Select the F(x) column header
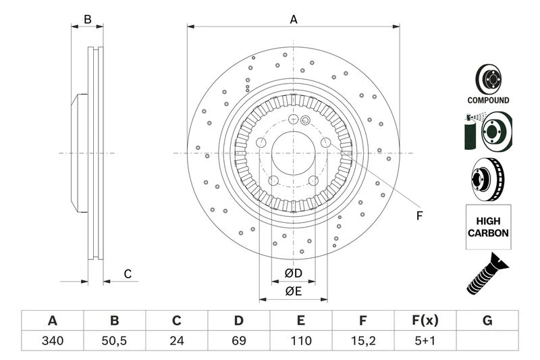[x=425, y=320]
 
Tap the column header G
[x=487, y=320]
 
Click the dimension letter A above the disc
[x=294, y=20]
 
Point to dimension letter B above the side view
[x=87, y=20]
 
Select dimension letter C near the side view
[x=127, y=274]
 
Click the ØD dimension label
[x=293, y=274]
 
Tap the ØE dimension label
[x=293, y=291]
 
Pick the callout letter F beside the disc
[x=418, y=216]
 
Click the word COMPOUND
[x=488, y=100]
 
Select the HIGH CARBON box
[x=488, y=227]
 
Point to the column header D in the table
[x=239, y=320]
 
